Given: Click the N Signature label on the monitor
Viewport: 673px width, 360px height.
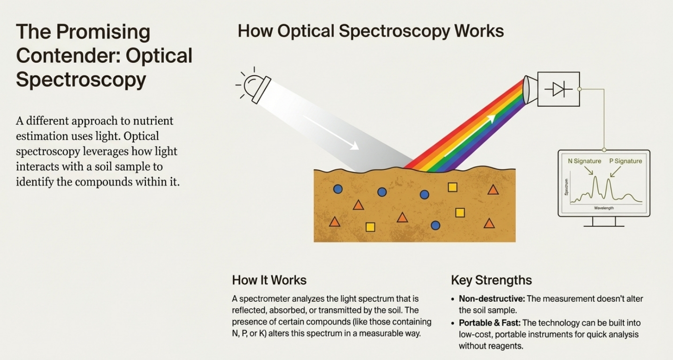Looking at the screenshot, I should pos(584,161).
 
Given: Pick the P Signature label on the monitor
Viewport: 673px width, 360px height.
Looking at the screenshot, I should pos(625,161).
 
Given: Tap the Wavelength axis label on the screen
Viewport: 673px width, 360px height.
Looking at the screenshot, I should pos(604,207).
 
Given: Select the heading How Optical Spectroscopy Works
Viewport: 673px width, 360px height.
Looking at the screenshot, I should pos(370,31).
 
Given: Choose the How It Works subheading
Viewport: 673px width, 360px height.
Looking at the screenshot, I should pos(269,280).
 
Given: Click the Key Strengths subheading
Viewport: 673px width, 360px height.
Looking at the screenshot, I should pos(491,280).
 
